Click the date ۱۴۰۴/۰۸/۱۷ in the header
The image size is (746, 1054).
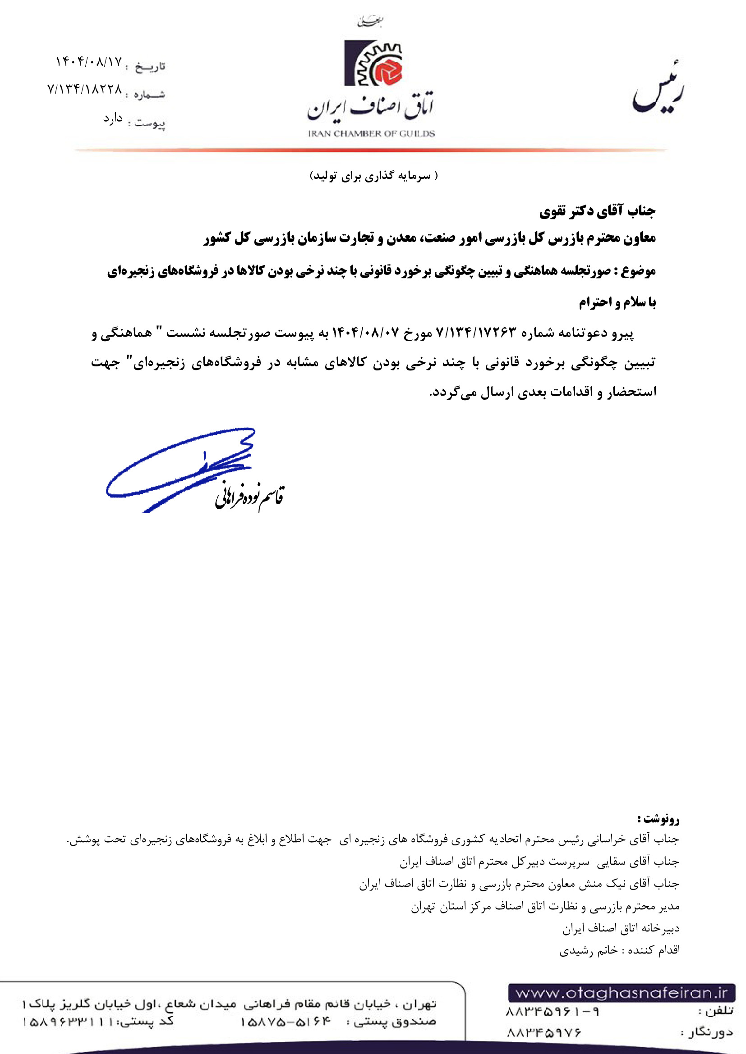pos(89,62)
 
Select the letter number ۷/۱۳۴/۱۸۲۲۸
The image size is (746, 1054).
pos(85,89)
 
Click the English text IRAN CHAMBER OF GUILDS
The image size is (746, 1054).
pos(371,133)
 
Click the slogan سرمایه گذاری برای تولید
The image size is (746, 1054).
pos(373,176)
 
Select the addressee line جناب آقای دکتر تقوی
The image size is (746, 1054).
pos(597,211)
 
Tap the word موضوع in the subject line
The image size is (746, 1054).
pos(638,271)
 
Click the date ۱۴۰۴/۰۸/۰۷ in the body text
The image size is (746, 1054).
pos(366,332)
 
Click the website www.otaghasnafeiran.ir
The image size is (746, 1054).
pos(621,993)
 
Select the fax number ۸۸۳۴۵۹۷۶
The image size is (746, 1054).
pos(544,1032)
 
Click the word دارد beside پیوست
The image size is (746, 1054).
pos(113,119)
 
